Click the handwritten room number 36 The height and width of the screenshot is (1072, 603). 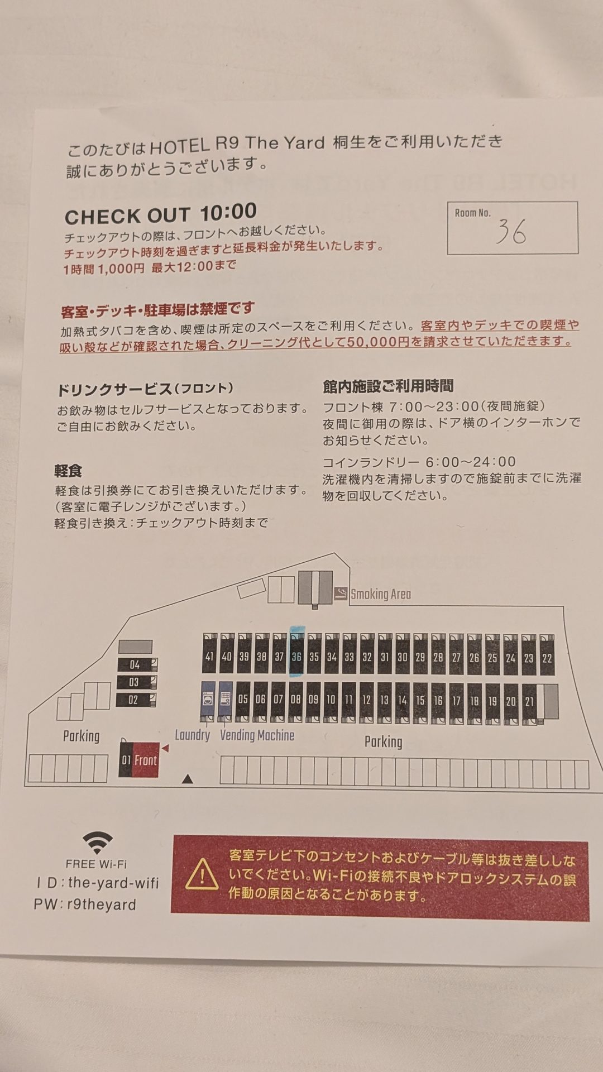[x=511, y=231]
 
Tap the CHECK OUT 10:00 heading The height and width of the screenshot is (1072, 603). [x=161, y=214]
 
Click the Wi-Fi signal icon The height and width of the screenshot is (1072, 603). [x=97, y=842]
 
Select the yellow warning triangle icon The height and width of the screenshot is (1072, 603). [x=202, y=874]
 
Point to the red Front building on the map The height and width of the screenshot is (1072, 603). [x=139, y=759]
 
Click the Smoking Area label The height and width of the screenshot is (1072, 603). [x=380, y=594]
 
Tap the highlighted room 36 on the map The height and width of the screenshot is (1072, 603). [x=296, y=654]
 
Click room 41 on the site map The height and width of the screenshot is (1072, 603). [x=209, y=654]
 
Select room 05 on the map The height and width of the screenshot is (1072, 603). [x=243, y=700]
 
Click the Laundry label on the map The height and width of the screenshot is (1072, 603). [x=192, y=735]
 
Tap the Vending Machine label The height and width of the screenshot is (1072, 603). [x=257, y=735]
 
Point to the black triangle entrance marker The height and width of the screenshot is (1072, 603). [x=188, y=779]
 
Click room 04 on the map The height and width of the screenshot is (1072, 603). [x=137, y=664]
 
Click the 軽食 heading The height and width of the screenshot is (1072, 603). [x=68, y=471]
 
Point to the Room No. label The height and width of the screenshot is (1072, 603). [x=472, y=213]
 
